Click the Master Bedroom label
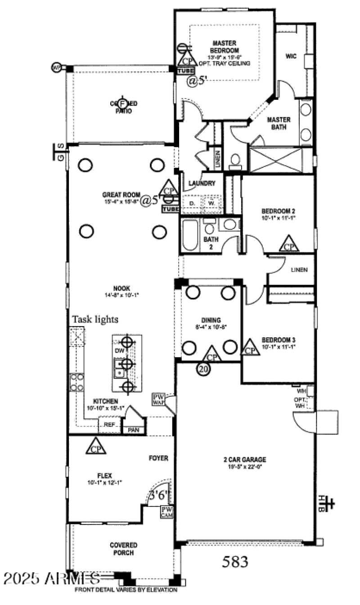(x=225, y=47)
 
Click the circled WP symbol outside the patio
(x=56, y=67)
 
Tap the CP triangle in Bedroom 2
(x=289, y=244)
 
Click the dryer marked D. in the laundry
(x=192, y=203)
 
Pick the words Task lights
(x=95, y=319)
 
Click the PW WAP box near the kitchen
(x=158, y=399)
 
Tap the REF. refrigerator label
(x=109, y=425)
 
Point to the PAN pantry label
(x=133, y=430)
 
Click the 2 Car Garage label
(x=245, y=459)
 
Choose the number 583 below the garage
(x=235, y=561)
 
